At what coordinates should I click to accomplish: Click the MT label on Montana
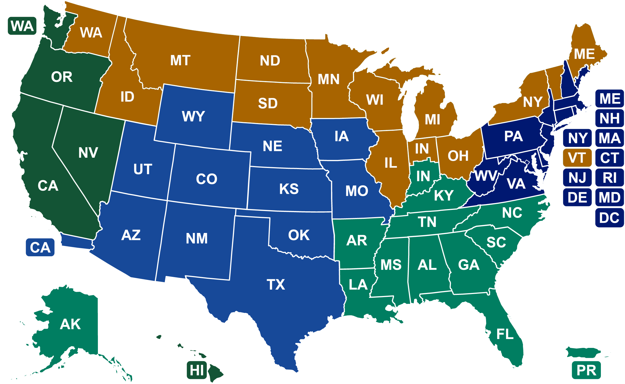point(180,60)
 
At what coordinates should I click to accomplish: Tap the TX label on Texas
point(276,285)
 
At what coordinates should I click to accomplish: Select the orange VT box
point(577,158)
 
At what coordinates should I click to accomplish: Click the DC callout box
point(609,218)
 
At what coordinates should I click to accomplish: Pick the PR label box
point(586,370)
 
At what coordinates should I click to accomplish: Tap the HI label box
point(197,370)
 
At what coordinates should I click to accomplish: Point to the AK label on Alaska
point(70,324)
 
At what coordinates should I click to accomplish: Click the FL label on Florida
point(505,334)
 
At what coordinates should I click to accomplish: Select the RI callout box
point(609,178)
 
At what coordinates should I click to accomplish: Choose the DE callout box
point(577,198)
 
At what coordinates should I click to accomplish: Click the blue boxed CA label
point(40,247)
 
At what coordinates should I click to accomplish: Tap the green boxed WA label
point(22,26)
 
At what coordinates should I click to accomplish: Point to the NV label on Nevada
point(88,153)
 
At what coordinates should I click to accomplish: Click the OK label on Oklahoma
point(299,235)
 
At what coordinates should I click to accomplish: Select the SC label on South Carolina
point(496,242)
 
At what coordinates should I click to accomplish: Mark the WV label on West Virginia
point(486,176)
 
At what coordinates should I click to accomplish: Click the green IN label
point(423,176)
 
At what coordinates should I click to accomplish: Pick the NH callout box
point(609,118)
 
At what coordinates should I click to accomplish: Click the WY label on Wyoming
point(194,116)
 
